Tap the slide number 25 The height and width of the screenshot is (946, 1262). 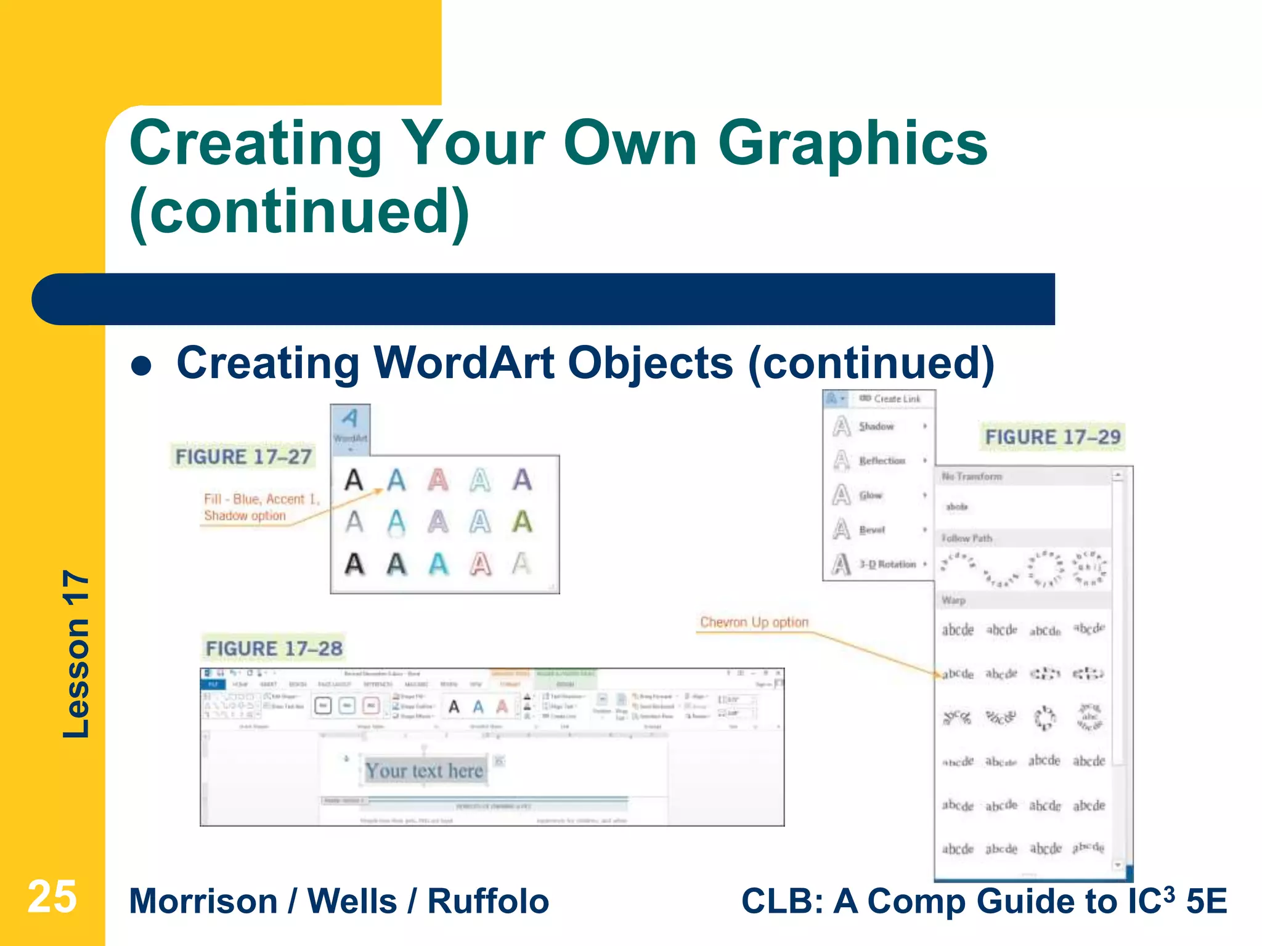point(52,897)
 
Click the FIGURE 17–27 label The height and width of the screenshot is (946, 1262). point(243,457)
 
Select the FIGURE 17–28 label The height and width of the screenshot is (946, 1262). point(274,649)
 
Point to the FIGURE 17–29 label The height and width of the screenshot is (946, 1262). point(1052,437)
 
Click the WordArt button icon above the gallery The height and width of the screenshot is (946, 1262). point(350,425)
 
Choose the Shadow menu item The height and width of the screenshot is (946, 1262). point(876,426)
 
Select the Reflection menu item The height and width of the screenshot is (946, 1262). point(882,461)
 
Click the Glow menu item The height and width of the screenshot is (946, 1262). point(870,495)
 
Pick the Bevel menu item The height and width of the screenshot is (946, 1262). point(871,530)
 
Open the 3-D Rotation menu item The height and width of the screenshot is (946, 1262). point(887,564)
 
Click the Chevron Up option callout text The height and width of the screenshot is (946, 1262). point(754,622)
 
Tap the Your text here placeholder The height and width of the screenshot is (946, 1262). point(424,770)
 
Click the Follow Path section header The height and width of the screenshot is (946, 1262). point(966,538)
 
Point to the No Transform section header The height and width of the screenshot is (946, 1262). point(971,477)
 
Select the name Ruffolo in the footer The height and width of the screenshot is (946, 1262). point(487,901)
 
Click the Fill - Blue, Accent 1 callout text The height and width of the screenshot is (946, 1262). point(261,499)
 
